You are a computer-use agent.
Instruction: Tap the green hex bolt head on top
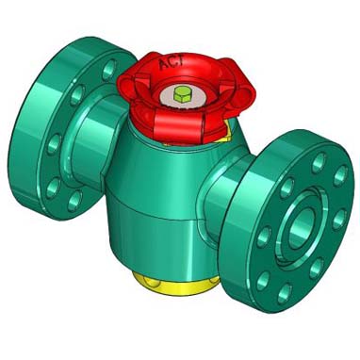pos(182,94)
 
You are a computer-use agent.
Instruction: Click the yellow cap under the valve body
pos(175,285)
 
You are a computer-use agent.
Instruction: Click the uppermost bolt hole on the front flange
pos(319,163)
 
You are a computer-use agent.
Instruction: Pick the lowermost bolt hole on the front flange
pos(286,294)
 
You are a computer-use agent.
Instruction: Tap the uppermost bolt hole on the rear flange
pos(108,70)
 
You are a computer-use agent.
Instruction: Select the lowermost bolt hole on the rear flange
pos(74,201)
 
